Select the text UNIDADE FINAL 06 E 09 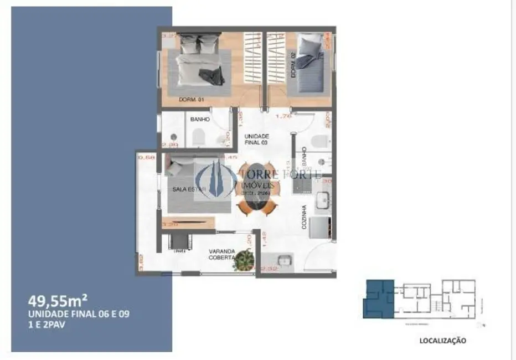[79, 313]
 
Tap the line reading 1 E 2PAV [45, 324]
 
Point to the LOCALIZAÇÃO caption [442, 341]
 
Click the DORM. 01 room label [192, 100]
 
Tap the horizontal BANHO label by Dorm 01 [199, 119]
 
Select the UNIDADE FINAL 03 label [257, 139]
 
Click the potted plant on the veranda [244, 259]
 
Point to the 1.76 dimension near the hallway [283, 116]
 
